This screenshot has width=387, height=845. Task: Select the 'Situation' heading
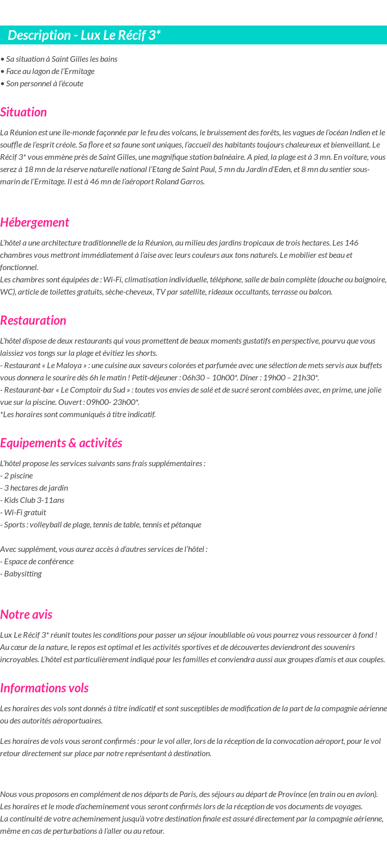[23, 112]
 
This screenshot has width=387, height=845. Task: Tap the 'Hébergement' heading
[34, 223]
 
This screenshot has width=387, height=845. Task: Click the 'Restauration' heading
[33, 321]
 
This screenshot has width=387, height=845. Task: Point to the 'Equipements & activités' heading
[61, 443]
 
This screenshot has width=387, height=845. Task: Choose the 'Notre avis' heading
[26, 615]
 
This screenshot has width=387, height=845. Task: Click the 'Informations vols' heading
[44, 688]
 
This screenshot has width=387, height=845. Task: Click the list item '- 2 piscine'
[17, 476]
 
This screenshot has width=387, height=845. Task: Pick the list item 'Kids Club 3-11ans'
[34, 500]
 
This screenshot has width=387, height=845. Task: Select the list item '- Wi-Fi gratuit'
[23, 513]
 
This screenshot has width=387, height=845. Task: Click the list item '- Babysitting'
[21, 574]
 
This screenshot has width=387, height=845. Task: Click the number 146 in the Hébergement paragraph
[352, 243]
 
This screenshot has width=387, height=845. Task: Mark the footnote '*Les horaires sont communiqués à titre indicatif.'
[78, 415]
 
